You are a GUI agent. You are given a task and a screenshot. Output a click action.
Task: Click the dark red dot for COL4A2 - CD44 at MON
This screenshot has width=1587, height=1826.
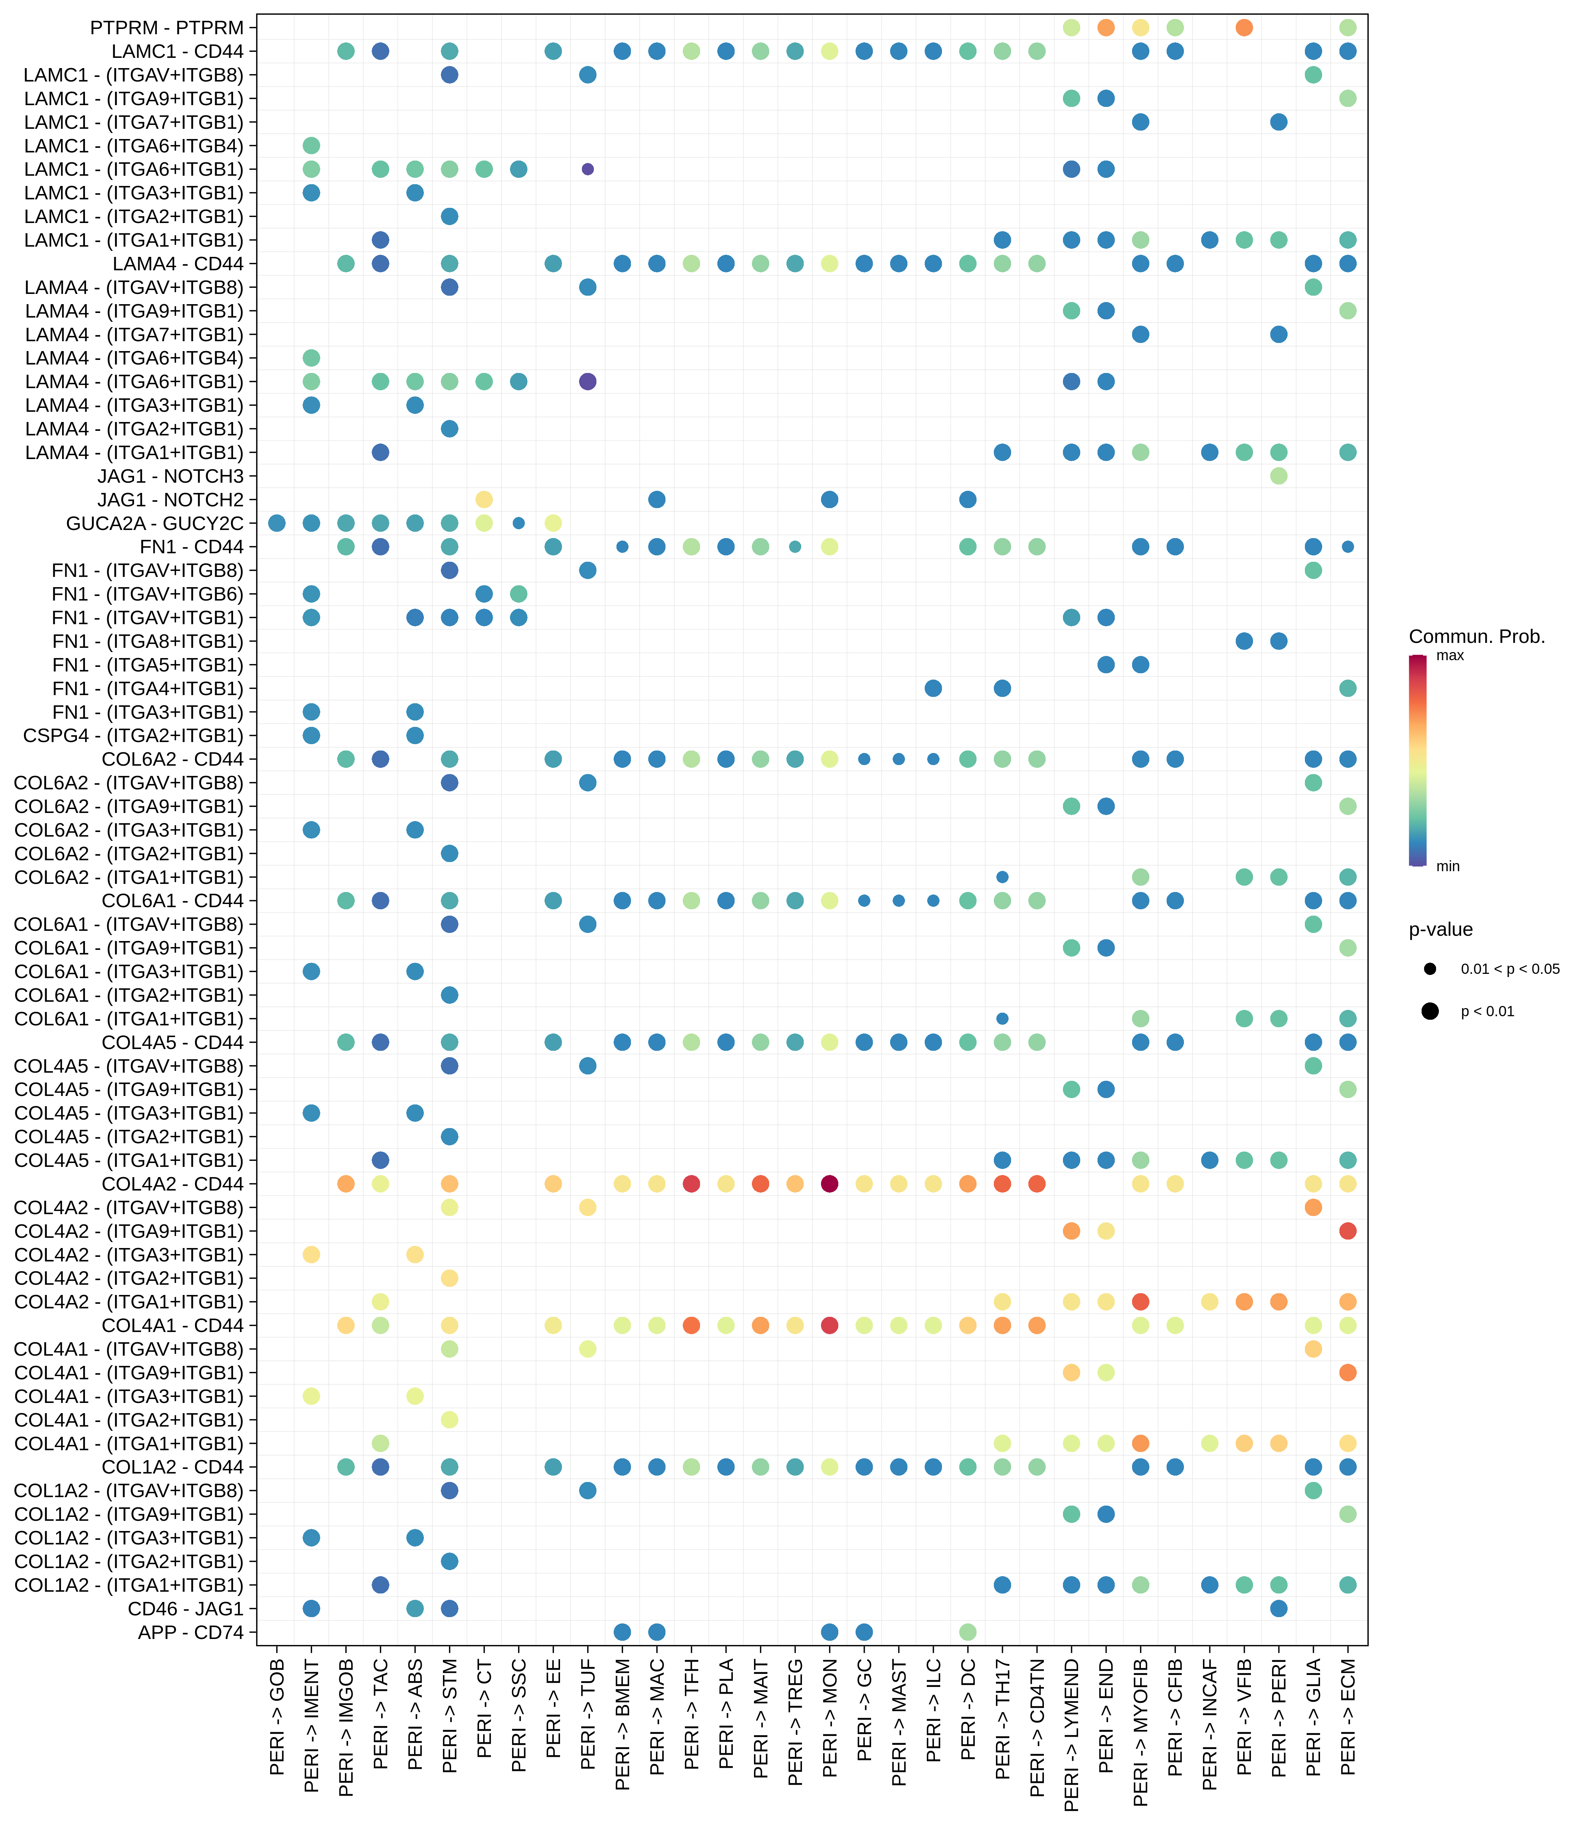coord(830,1184)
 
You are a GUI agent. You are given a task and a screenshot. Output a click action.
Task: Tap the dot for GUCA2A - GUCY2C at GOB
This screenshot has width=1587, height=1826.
coord(276,523)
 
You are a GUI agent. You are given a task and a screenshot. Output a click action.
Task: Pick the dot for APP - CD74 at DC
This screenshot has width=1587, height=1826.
coord(968,1632)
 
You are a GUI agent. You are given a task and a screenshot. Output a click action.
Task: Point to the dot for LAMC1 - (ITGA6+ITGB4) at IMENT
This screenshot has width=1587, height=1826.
coord(311,145)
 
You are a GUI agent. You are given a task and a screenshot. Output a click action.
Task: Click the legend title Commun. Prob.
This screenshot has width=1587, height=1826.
coord(1476,636)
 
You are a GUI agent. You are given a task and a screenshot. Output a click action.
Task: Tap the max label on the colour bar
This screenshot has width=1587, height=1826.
coord(1450,656)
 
